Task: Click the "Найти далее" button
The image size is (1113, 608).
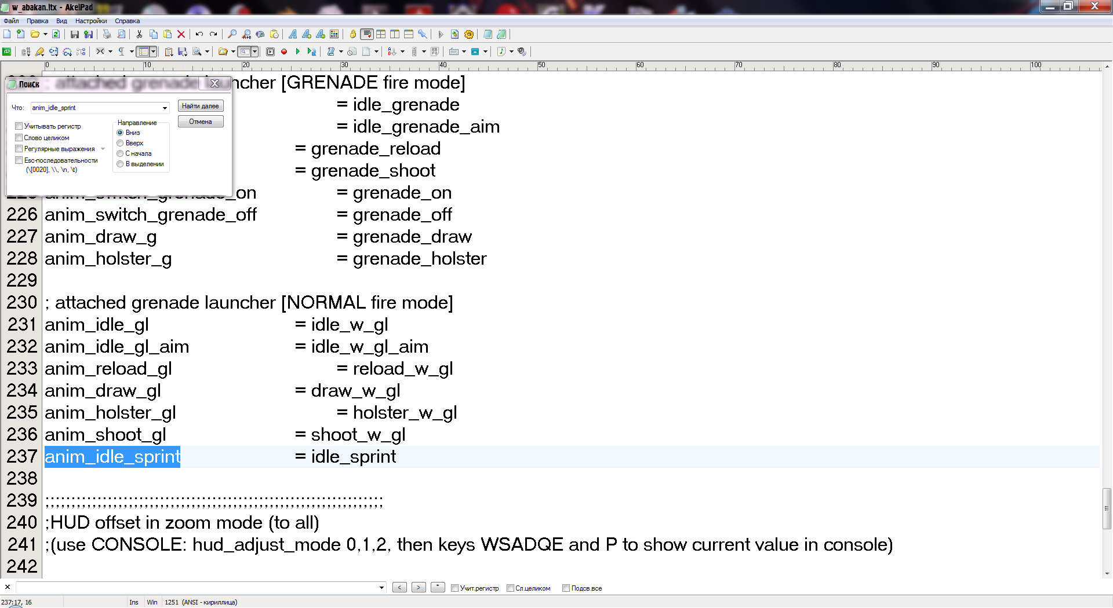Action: [200, 106]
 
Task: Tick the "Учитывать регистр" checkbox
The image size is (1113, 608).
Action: [19, 126]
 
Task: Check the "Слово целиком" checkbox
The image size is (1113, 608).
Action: [19, 138]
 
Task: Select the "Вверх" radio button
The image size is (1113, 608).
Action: [121, 143]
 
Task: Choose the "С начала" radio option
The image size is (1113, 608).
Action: [121, 153]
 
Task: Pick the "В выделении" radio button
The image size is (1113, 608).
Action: [121, 164]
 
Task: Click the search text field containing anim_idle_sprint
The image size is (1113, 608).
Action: [96, 108]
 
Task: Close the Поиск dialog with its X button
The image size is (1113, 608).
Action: [214, 83]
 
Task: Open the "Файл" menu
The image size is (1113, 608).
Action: [11, 21]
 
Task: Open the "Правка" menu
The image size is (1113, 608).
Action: [37, 21]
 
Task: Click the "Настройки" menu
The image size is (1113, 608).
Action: [90, 21]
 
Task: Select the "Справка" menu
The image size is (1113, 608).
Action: [127, 21]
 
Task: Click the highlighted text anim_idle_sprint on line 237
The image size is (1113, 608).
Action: [112, 457]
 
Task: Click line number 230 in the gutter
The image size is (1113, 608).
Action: [22, 302]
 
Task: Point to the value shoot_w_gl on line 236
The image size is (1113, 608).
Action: [358, 435]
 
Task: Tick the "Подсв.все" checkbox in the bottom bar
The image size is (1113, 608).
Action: [566, 588]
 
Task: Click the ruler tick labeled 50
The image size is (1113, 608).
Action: [541, 65]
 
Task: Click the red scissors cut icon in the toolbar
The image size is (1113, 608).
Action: [139, 34]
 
